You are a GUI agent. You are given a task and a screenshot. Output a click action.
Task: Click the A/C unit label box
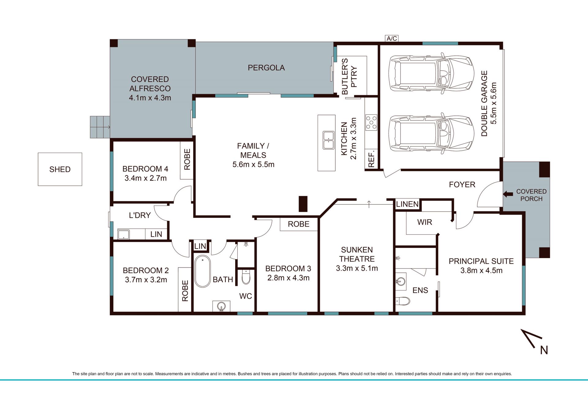click(x=392, y=38)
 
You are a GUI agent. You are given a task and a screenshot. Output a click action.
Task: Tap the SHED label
click(x=60, y=169)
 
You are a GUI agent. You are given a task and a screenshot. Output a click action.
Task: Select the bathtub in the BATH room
click(x=202, y=271)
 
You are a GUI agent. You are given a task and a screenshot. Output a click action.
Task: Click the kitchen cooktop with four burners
click(x=371, y=122)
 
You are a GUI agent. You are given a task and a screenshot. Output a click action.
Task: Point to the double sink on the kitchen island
click(x=329, y=140)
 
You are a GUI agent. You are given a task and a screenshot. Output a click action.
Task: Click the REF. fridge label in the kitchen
click(x=371, y=159)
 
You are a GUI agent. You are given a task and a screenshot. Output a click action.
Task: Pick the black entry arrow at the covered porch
click(x=508, y=194)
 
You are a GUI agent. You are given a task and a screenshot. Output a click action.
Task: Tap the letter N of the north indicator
click(x=544, y=350)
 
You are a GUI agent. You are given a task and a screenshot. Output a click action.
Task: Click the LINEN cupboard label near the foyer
click(x=407, y=204)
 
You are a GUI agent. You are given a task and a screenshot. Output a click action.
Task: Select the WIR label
click(x=424, y=222)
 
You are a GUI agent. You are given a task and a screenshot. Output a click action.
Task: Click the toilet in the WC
click(x=246, y=277)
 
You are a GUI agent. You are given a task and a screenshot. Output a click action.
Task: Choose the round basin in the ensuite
click(x=401, y=281)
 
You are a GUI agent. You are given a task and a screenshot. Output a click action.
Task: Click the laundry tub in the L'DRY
click(x=123, y=234)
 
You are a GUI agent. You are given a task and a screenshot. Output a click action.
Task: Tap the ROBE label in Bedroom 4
click(x=187, y=160)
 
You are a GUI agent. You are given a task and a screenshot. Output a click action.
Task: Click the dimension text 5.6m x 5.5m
click(x=253, y=164)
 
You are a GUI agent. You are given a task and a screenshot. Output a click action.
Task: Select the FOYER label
click(x=462, y=184)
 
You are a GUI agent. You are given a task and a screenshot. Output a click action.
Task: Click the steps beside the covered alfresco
click(x=100, y=127)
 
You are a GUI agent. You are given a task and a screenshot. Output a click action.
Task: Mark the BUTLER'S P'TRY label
click(x=349, y=76)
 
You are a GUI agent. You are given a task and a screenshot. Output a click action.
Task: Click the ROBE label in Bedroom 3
click(x=299, y=224)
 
